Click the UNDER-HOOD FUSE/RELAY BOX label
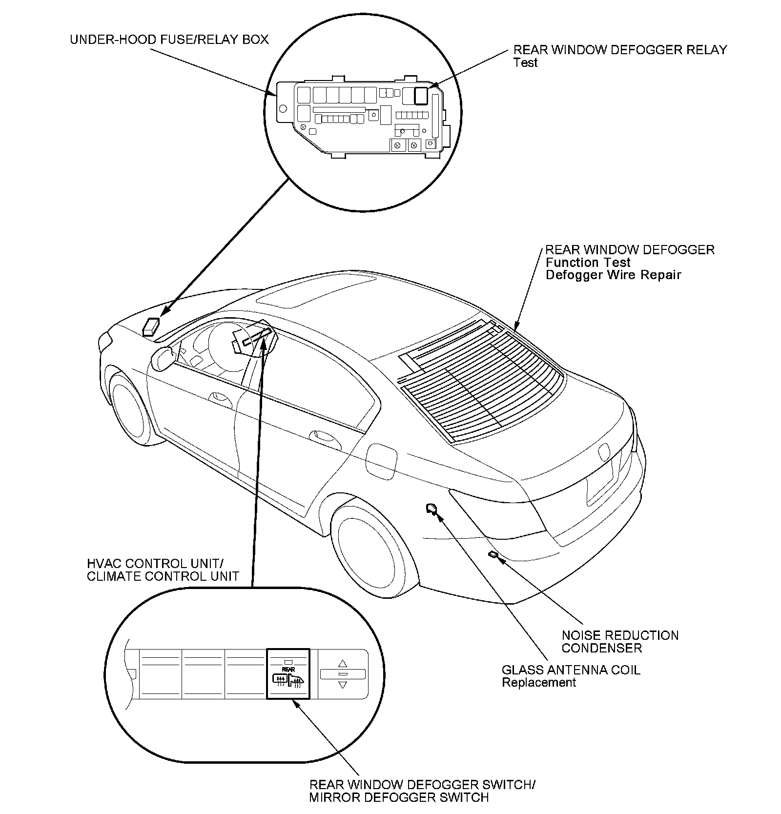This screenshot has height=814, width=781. click(x=169, y=40)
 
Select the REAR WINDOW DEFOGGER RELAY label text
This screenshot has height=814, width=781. click(x=620, y=50)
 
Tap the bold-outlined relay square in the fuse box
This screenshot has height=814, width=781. click(x=421, y=95)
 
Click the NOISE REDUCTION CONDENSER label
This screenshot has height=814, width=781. click(x=620, y=641)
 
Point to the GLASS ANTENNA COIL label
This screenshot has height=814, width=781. click(x=571, y=670)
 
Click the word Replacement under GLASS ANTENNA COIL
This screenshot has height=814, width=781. click(x=539, y=682)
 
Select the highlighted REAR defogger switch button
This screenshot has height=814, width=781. click(x=288, y=673)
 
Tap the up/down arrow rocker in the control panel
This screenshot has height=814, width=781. click(x=342, y=674)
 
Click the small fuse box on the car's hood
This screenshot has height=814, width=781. click(x=151, y=326)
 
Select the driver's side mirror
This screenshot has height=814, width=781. click(x=163, y=357)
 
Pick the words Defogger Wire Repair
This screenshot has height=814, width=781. click(x=613, y=275)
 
